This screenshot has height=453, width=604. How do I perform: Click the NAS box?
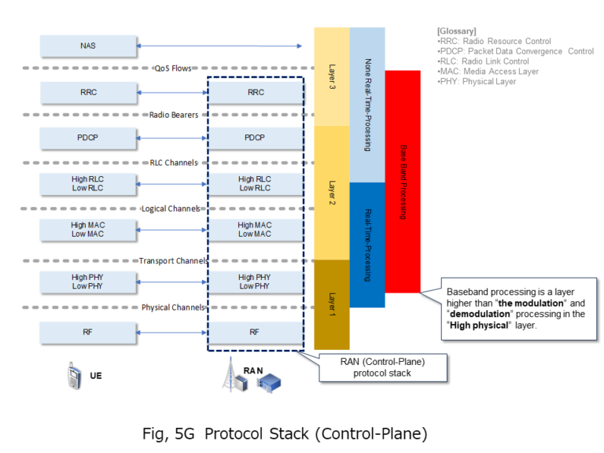(87, 46)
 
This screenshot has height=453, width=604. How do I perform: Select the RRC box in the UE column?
(87, 92)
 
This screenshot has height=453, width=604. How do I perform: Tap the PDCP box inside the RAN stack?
(254, 138)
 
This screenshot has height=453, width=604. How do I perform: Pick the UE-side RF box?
(87, 332)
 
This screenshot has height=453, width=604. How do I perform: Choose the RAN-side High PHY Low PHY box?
(254, 282)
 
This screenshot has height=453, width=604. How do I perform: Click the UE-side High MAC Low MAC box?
(87, 230)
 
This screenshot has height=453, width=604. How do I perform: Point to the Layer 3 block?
(331, 76)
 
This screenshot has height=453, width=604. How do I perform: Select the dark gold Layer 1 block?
(331, 304)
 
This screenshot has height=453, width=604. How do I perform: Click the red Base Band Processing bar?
(403, 181)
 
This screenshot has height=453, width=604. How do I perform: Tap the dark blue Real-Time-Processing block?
(367, 244)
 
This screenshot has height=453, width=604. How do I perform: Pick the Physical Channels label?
(173, 308)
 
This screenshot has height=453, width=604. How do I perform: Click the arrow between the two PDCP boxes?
(171, 138)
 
